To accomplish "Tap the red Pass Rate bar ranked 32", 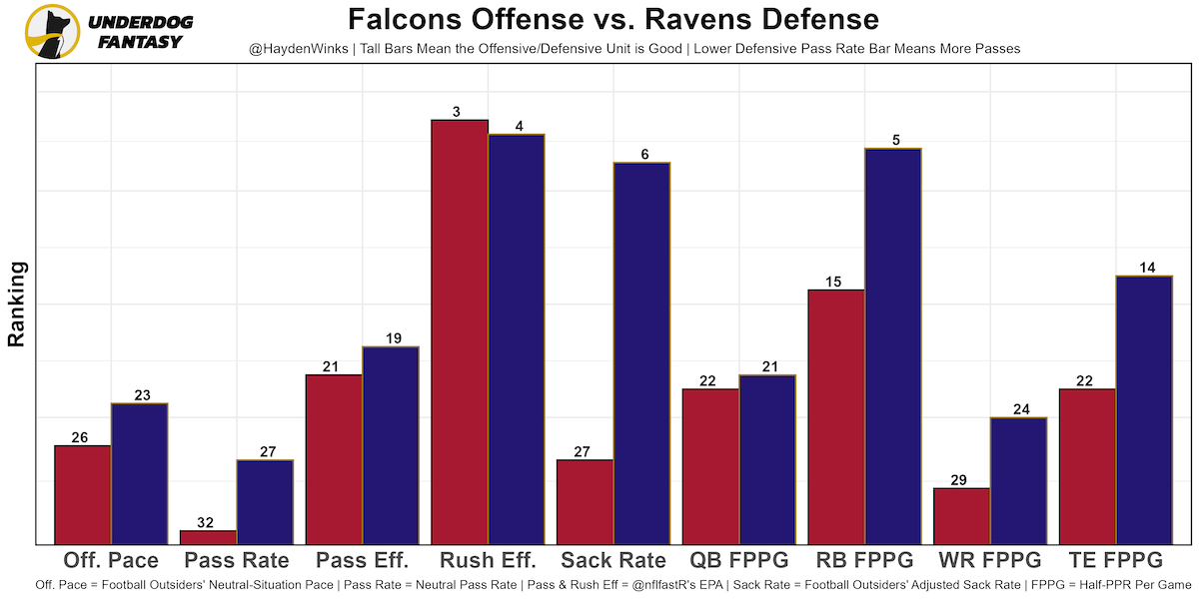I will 208,537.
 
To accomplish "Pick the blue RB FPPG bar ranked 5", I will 892,345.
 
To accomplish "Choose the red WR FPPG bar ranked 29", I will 961,516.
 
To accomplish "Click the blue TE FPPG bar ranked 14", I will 1144,409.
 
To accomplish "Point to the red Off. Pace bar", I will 83,494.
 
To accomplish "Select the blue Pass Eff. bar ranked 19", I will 391,445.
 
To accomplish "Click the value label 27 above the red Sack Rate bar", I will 585,452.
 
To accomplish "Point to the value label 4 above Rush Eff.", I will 517,127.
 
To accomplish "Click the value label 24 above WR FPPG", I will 1018,409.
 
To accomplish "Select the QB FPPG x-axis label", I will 739,560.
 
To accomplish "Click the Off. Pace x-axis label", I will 111,560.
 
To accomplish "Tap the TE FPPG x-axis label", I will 1115,560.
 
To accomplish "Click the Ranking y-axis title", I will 17,303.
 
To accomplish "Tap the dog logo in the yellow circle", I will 52,31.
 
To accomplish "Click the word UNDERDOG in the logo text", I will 140,22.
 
